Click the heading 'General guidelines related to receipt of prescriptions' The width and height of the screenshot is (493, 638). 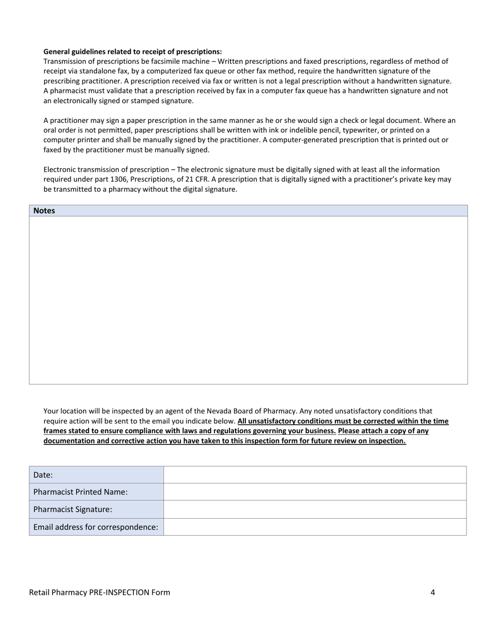[132, 51]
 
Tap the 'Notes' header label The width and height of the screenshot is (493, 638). [44, 211]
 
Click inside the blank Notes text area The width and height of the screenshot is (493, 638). [248, 300]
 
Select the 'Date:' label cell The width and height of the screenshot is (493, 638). [43, 475]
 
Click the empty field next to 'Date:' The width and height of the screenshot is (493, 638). [314, 475]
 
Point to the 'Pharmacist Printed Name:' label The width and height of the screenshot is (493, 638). [80, 492]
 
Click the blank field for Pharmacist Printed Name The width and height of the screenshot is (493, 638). [314, 492]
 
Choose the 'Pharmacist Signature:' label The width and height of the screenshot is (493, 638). [73, 509]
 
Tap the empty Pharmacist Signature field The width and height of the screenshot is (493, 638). [314, 509]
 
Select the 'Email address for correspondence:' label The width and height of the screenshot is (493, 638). [95, 527]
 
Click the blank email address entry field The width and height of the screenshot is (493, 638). [314, 527]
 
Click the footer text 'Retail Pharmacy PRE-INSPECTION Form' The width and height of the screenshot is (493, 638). [100, 592]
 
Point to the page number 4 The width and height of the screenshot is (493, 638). [432, 592]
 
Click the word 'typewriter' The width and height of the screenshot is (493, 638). [360, 130]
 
